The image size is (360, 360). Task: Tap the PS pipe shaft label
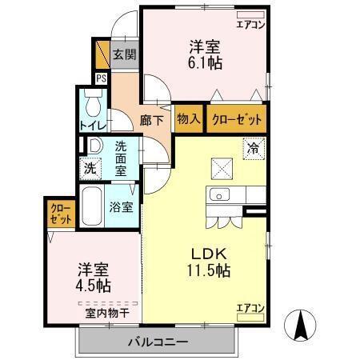pos(102,78)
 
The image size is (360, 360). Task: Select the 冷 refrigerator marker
pos(253,148)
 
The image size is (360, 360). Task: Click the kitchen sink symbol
pos(218,194)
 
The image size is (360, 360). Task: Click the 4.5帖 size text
pos(94,286)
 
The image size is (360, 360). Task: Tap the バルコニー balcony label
pos(158,342)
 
